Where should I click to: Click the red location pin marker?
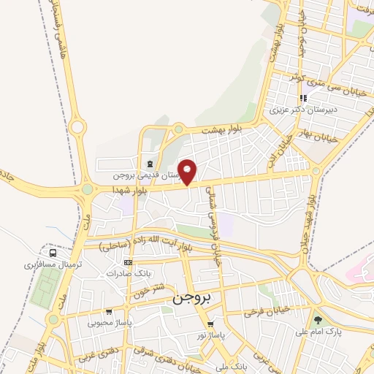188,172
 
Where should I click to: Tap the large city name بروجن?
191,298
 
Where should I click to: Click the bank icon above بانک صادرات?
128,262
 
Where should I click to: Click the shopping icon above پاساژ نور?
211,324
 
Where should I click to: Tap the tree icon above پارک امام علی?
317,319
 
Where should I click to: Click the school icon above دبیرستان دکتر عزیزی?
302,99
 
